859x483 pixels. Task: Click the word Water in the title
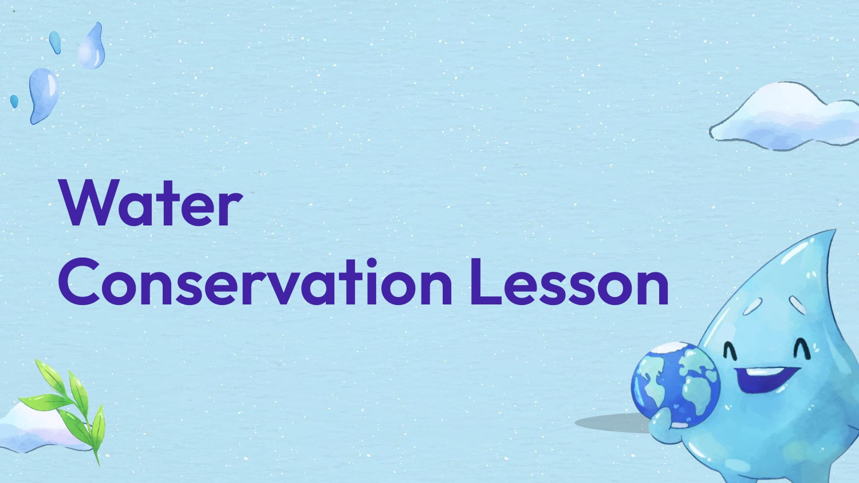[151, 204]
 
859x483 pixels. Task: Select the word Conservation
[255, 283]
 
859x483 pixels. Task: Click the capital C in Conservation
[78, 283]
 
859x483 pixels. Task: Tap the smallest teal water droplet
[14, 101]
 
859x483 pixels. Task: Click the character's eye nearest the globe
[730, 349]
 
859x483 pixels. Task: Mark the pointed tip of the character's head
[833, 232]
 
